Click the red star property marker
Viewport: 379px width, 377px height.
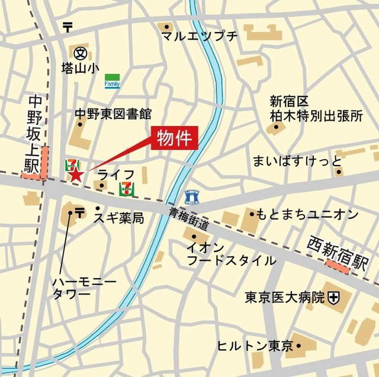click(x=76, y=174)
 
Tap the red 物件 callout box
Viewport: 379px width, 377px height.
click(x=174, y=139)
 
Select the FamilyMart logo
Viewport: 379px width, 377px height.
click(x=112, y=81)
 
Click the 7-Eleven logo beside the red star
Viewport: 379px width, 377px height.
click(x=71, y=163)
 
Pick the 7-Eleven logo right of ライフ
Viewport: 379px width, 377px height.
click(x=126, y=189)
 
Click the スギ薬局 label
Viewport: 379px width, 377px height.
click(x=118, y=218)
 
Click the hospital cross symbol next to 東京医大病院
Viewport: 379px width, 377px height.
click(x=335, y=297)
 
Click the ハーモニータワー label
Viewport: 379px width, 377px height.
click(x=76, y=286)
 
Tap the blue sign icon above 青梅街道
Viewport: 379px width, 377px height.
click(x=191, y=196)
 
